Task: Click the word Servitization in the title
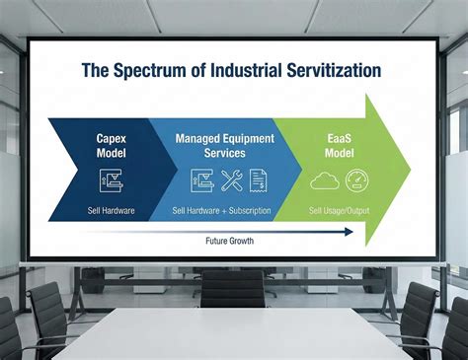coord(326,71)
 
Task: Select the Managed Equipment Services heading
coord(226,147)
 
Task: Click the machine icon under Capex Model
coord(111,180)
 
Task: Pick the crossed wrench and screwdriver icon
coord(232,180)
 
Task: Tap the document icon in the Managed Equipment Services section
coord(259,180)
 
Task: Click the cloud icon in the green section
coord(324,180)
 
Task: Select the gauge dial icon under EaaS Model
coord(354,180)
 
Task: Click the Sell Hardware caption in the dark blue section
coord(111,211)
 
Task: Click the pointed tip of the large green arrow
coord(409,170)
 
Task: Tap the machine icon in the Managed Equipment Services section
coord(202,180)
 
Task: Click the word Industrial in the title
coord(236,71)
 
